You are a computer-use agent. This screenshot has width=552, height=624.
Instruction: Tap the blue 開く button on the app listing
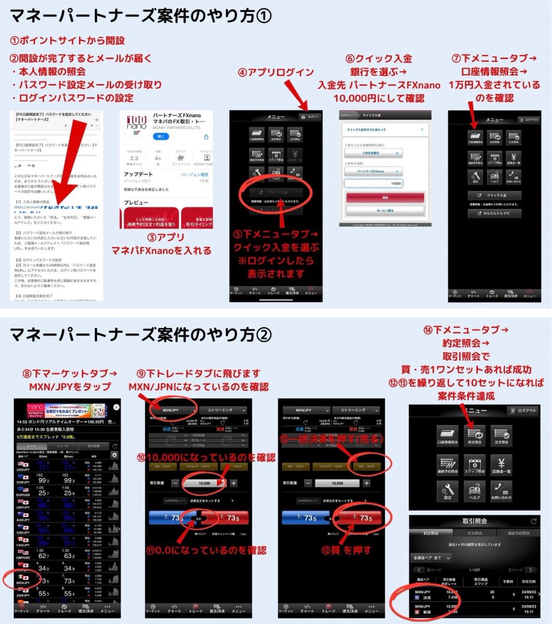161,136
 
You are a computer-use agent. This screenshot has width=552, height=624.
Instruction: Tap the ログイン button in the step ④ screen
310,117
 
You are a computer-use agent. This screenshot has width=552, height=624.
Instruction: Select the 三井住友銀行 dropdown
373,153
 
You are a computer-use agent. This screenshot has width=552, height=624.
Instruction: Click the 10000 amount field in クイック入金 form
373,183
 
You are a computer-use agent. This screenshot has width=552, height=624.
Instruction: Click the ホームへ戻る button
385,211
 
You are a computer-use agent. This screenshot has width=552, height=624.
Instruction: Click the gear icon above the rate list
114,455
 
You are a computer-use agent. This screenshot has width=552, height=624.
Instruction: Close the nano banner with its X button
116,407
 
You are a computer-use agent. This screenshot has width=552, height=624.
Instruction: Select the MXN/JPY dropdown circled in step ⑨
171,410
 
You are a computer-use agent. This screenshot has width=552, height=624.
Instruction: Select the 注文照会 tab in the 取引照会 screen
474,533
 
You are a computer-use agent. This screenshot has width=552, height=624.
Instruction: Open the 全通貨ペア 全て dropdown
431,557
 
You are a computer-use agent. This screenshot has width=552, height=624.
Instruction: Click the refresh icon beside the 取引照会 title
533,521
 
